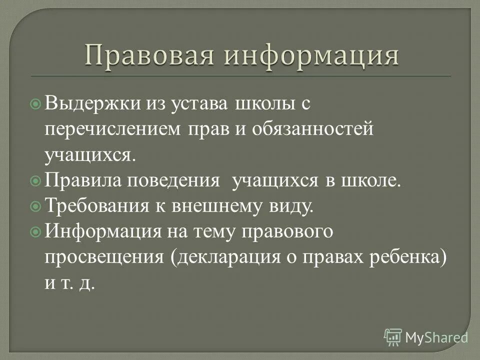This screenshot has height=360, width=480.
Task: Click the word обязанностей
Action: click(312, 129)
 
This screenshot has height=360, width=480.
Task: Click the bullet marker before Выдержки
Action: click(36, 104)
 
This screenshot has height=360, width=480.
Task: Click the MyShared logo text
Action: click(436, 336)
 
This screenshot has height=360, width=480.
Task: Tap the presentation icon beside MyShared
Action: click(393, 337)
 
